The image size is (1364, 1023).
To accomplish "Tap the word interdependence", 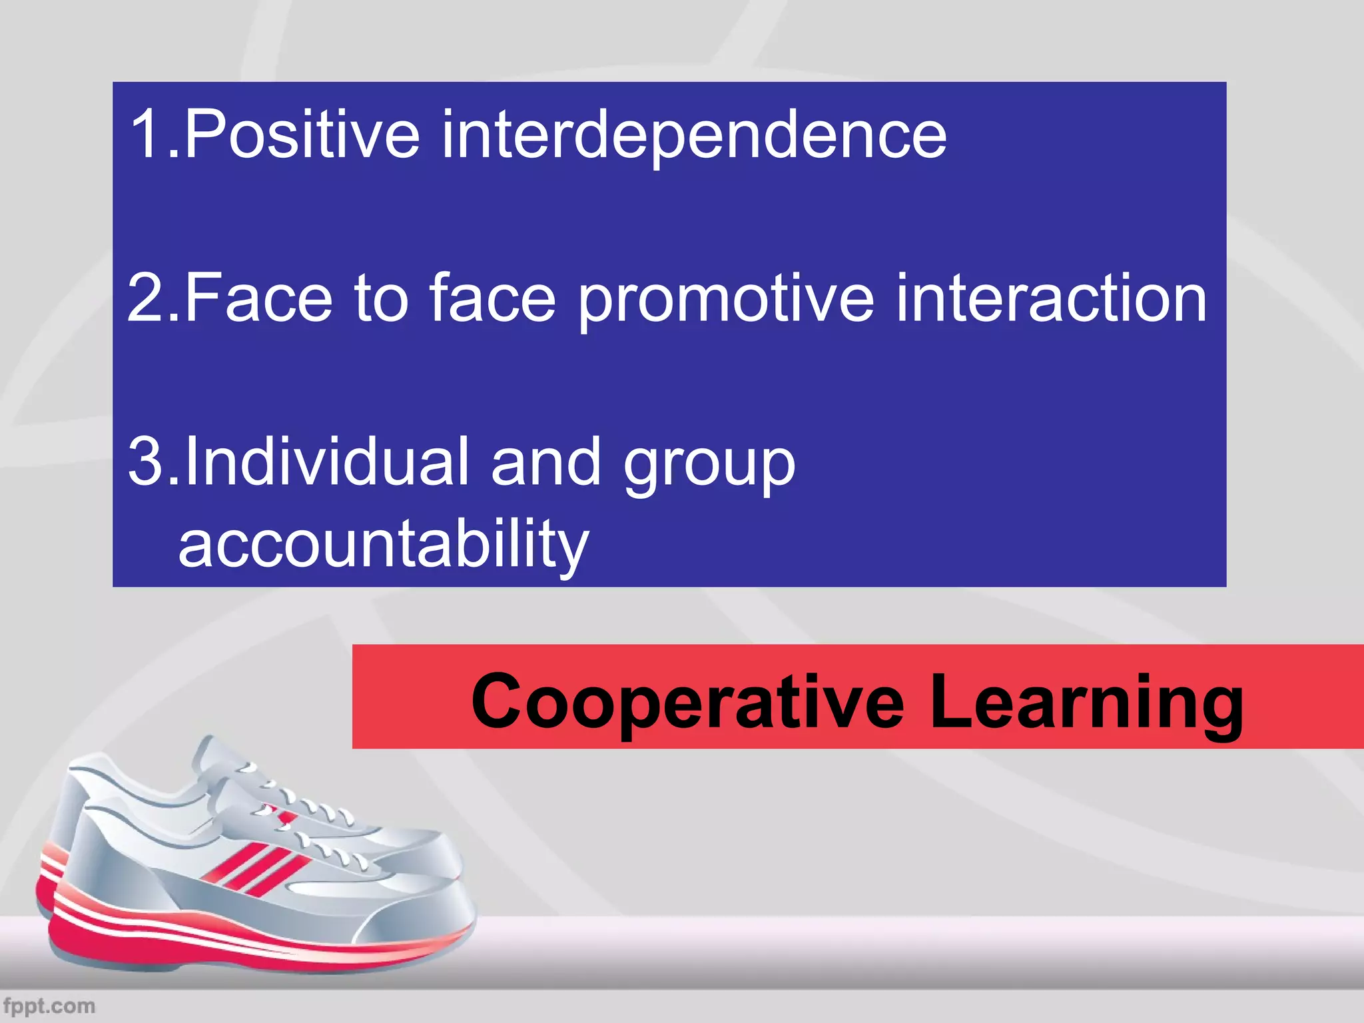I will point(693,136).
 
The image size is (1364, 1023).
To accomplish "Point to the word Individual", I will point(327,461).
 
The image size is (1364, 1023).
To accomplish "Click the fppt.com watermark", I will point(49,1005).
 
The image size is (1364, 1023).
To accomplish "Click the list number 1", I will point(147,135).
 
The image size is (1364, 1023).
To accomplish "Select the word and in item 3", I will point(546,461).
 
